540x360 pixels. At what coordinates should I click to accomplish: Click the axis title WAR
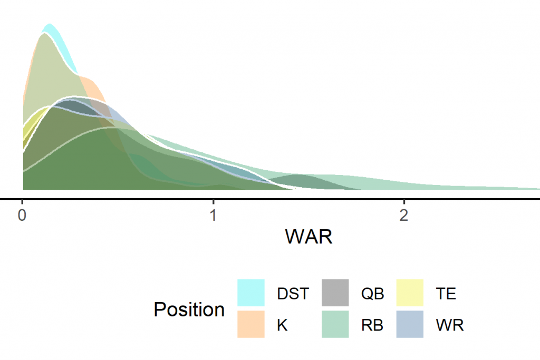[309, 237]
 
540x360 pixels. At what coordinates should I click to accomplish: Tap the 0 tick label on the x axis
[22, 216]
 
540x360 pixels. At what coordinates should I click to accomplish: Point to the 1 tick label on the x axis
[214, 216]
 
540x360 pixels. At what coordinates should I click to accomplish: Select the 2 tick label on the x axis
[403, 216]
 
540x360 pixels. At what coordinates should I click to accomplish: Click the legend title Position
[189, 309]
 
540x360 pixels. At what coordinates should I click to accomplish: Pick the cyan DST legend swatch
[251, 293]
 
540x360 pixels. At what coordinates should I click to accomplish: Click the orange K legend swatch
[251, 324]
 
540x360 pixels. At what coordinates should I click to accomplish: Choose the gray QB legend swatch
[335, 293]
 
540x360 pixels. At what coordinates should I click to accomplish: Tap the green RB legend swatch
[335, 324]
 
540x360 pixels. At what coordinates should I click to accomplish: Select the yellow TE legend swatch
[410, 293]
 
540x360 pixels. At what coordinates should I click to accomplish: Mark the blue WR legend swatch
[410, 324]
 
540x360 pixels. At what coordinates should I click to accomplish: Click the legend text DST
[293, 294]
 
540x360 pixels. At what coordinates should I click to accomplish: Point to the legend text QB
[373, 294]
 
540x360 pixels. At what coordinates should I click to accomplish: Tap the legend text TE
[446, 294]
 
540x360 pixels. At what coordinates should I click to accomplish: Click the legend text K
[283, 325]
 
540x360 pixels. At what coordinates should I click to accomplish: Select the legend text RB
[372, 325]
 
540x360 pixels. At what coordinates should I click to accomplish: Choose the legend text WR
[450, 325]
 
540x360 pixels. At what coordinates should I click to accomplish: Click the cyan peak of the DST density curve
[50, 24]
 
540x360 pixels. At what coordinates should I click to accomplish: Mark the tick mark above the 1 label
[214, 202]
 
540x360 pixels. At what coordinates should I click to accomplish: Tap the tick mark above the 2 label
[404, 202]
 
